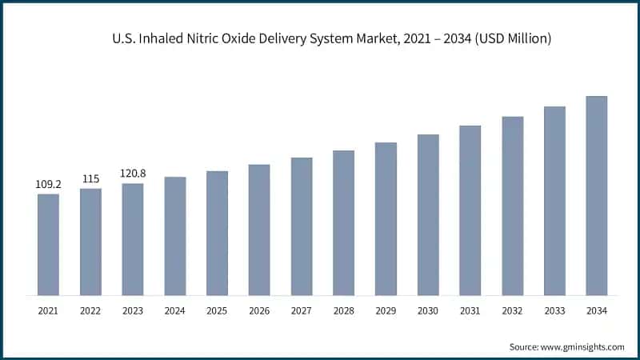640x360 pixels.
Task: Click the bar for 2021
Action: pos(48,244)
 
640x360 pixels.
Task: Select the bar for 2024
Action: pos(174,235)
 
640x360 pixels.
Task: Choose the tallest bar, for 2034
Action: pos(597,195)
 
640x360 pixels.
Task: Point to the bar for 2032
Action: pos(513,206)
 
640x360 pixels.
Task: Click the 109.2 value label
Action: pos(48,184)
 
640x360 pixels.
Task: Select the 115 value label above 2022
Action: pos(90,178)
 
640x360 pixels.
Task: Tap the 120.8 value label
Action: pos(133,173)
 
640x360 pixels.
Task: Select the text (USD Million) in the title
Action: pos(510,38)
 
